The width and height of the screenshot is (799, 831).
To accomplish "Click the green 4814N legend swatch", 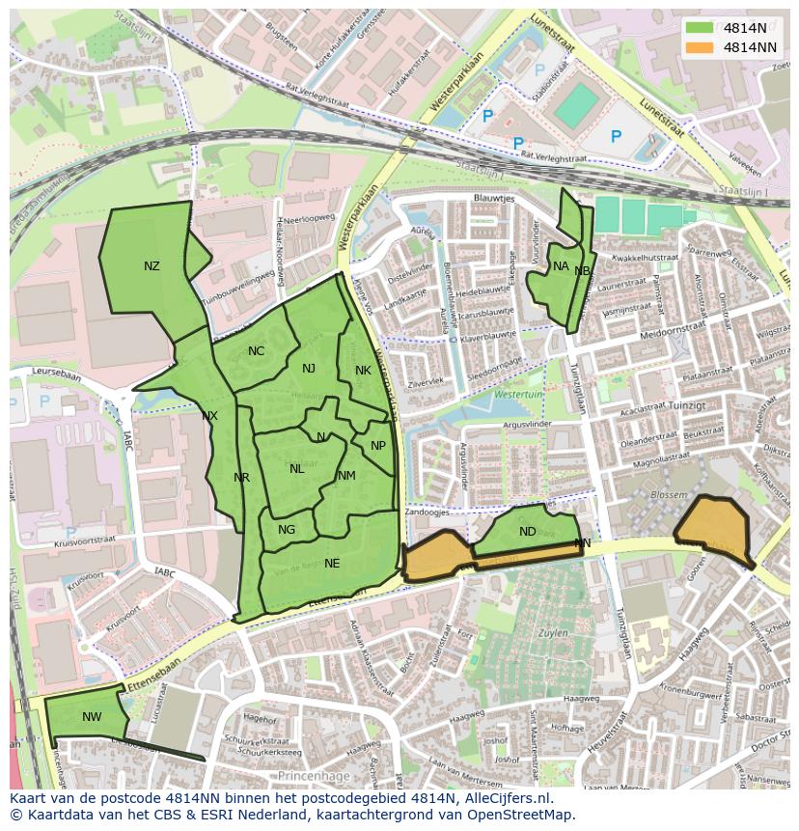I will (700, 27).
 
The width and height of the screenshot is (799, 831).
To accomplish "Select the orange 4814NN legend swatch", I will (700, 46).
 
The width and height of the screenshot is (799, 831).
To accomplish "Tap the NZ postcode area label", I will (152, 266).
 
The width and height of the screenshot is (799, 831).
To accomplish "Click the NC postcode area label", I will (256, 351).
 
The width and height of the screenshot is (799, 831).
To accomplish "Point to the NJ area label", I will (309, 369).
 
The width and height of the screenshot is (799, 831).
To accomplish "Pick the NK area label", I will (363, 371).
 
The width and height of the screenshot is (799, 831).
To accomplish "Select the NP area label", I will (378, 446).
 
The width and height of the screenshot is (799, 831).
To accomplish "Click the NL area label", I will (296, 469).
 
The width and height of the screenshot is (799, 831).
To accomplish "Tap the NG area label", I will (287, 530).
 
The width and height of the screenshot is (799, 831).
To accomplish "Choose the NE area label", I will (332, 564).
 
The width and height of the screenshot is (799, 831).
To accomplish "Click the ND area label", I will (527, 532).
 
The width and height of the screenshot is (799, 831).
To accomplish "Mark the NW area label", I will (92, 717).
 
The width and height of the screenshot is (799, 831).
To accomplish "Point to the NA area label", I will (561, 266).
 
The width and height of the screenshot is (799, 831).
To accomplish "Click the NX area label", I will (209, 416).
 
